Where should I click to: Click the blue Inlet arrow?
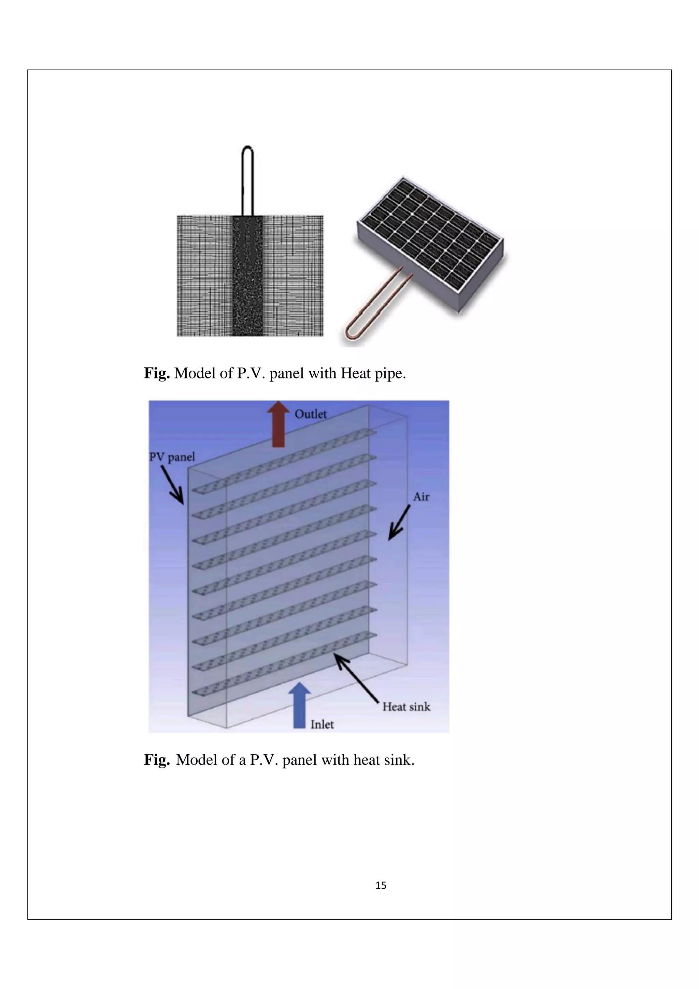(x=299, y=705)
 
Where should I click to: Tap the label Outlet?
(x=311, y=414)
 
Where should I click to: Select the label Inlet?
(x=322, y=725)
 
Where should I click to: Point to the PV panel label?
(x=172, y=457)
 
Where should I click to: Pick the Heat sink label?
(x=406, y=706)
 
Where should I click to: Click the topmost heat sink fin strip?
(x=284, y=461)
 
